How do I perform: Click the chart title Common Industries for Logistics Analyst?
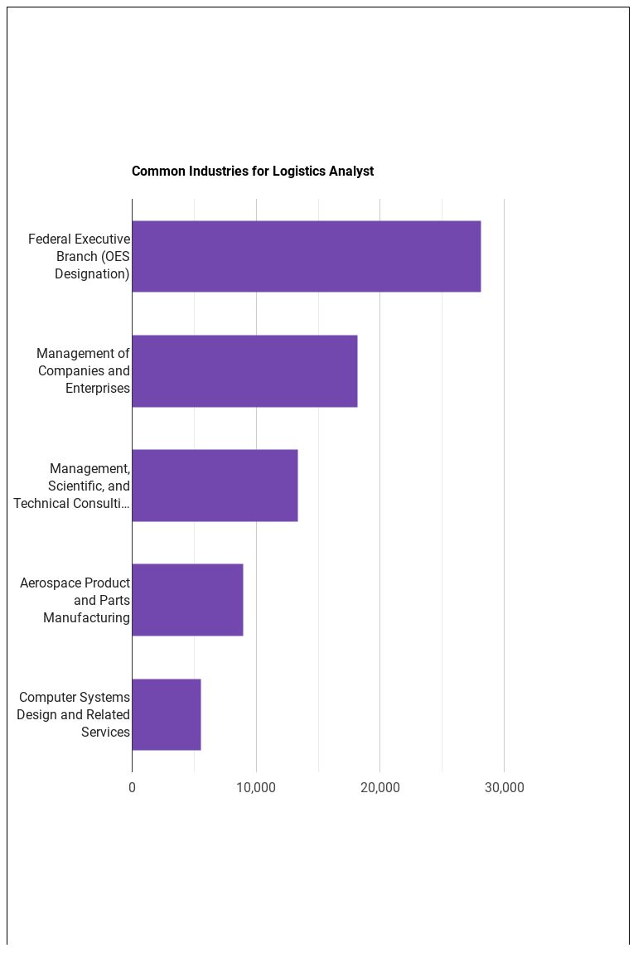[x=253, y=172]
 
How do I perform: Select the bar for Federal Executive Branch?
[x=306, y=256]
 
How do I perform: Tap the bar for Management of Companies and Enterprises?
[x=244, y=370]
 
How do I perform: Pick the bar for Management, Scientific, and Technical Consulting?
[x=215, y=486]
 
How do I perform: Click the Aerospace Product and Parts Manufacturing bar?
[x=187, y=600]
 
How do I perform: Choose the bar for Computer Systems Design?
[x=167, y=714]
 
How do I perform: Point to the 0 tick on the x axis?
[x=132, y=787]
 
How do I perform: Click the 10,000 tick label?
[x=256, y=787]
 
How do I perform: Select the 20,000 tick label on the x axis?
[x=379, y=787]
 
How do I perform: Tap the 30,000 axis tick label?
[x=504, y=787]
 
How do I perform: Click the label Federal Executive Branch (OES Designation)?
[x=80, y=256]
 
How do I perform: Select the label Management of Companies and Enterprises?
[x=84, y=370]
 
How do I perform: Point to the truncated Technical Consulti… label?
[x=72, y=503]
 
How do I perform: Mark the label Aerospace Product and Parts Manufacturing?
[x=75, y=600]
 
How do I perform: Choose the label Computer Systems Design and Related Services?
[x=74, y=714]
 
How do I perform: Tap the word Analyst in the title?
[x=351, y=172]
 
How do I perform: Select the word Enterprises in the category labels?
[x=98, y=388]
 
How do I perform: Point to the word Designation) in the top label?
[x=92, y=273]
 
